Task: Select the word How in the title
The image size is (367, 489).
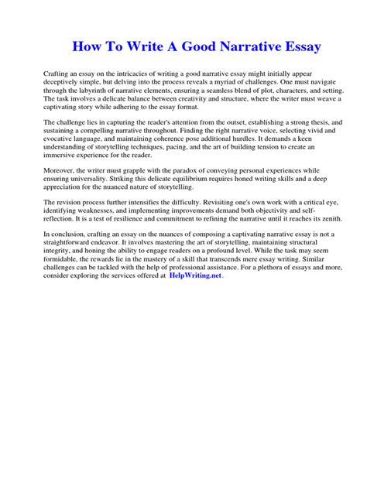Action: [x=87, y=46]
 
